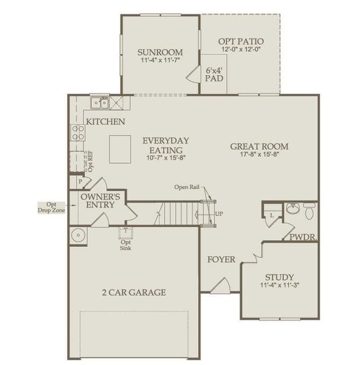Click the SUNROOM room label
pos(161,52)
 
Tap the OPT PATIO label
pos(241,41)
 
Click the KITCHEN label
pos(105,122)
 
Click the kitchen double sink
pos(99,102)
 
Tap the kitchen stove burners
pos(77,132)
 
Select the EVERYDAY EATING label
pos(165,145)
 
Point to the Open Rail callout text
pos(187,187)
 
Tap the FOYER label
pos(221,260)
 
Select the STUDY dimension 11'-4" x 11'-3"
pos(279,285)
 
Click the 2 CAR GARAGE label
pos(134,293)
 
